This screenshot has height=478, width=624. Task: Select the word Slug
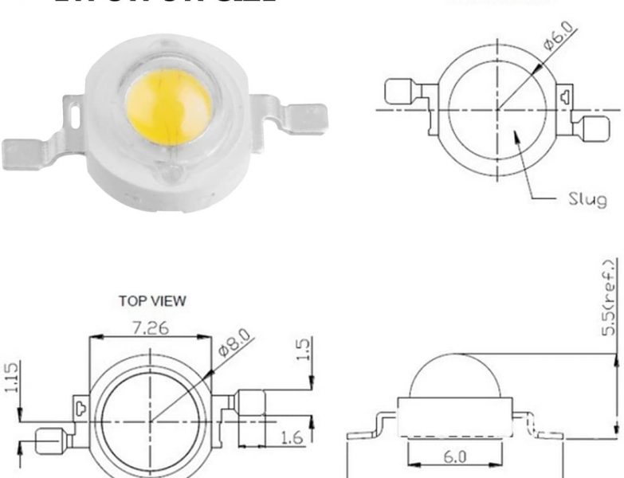pos(587,198)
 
